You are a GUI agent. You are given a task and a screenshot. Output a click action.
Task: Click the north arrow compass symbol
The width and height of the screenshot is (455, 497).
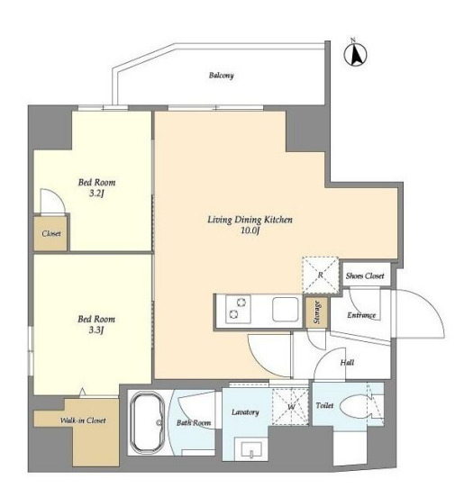pos(355,55)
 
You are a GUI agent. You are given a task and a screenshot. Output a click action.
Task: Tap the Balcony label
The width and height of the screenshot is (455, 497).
pos(221,76)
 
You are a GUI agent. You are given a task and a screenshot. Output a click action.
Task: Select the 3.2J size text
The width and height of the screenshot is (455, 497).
pos(96,194)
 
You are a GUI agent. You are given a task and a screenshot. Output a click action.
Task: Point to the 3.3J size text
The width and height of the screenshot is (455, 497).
pos(96,330)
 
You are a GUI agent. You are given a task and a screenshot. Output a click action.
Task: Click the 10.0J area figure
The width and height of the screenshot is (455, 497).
pos(250,230)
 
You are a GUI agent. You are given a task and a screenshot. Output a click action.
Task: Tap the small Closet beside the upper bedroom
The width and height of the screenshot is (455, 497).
pos(50,233)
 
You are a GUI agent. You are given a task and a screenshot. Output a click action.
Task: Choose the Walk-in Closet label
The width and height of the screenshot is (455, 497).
pos(83,420)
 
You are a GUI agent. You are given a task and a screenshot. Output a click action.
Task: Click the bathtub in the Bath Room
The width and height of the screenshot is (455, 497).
pos(147,422)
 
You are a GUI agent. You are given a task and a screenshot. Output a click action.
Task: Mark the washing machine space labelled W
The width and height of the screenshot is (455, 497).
pos(290,406)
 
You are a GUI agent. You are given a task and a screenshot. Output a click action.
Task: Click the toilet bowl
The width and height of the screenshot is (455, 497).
pos(356,406)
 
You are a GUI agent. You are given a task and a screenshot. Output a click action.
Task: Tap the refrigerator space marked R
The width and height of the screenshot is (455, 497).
pos(320,275)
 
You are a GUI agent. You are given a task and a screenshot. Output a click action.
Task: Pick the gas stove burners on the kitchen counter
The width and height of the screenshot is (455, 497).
pos(238,309)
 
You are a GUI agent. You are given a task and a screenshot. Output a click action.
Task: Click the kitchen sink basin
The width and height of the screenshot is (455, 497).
pos(286,309)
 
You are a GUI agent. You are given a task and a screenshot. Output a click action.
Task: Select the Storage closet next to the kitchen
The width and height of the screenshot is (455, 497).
pos(317,312)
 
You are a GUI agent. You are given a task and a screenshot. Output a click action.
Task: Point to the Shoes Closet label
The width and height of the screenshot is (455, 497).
pos(365,276)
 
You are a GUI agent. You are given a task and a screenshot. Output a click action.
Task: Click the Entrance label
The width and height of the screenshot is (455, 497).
pos(361,315)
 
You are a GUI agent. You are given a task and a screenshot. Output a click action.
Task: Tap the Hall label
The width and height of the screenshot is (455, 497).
pos(347,362)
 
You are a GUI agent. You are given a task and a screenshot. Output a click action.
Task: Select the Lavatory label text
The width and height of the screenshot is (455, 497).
pos(245,412)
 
